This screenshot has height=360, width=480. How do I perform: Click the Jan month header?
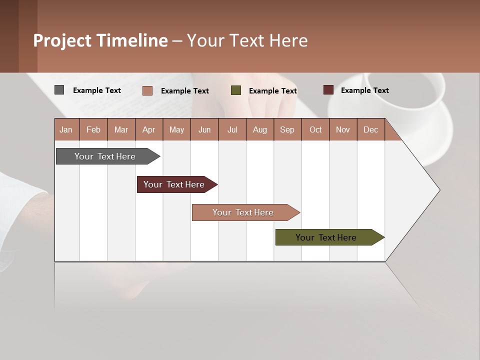[x=66, y=129]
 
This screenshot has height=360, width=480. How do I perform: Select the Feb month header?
[x=93, y=129]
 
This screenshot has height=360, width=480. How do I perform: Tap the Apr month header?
[x=149, y=129]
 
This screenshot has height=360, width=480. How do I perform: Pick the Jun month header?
[x=204, y=129]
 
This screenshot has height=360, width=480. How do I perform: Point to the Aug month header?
[x=260, y=129]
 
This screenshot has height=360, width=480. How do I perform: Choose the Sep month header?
[x=287, y=129]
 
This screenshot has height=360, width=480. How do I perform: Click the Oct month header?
[x=315, y=129]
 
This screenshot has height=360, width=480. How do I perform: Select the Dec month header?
[x=371, y=129]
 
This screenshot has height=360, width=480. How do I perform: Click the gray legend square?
[x=59, y=90]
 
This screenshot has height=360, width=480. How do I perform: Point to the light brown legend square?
[x=147, y=90]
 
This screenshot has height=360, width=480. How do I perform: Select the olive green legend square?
[x=236, y=90]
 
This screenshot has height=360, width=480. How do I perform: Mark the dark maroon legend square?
[x=328, y=90]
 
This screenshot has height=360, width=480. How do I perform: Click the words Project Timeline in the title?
[x=100, y=40]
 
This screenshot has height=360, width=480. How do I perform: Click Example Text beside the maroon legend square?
[x=364, y=90]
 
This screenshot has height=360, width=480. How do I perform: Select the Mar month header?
[x=121, y=129]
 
